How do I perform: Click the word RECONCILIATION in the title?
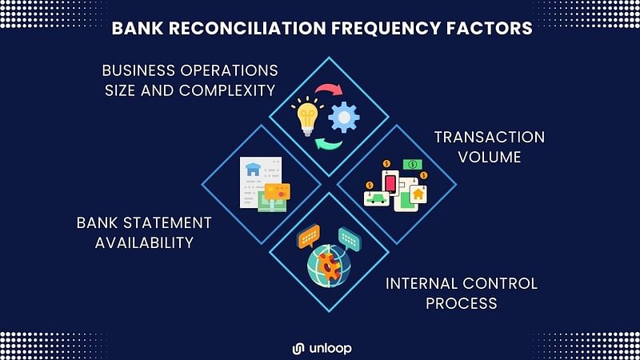(x=247, y=28)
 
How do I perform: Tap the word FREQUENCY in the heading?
(x=386, y=28)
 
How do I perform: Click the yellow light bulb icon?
(x=307, y=117)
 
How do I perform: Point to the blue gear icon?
(x=344, y=117)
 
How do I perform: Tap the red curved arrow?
(x=329, y=89)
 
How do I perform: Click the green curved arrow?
(x=329, y=144)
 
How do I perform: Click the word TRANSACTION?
(x=490, y=137)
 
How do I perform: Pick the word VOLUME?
(x=490, y=157)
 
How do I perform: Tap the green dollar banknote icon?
(x=413, y=164)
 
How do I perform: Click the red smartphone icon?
(x=390, y=184)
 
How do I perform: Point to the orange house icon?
(x=418, y=194)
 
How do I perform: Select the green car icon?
(x=376, y=198)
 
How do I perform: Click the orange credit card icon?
(x=277, y=192)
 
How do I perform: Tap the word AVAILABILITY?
(x=145, y=243)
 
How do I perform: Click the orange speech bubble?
(x=309, y=236)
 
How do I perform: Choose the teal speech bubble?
(x=350, y=238)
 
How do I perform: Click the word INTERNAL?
(x=421, y=283)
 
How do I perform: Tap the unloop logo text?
(x=330, y=348)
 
